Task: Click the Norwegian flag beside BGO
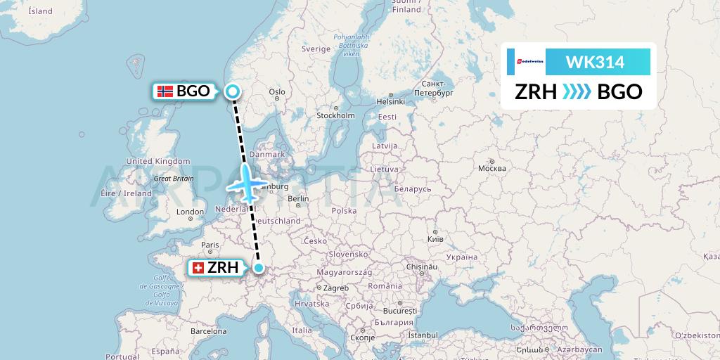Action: (165, 91)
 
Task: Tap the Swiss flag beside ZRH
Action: (198, 268)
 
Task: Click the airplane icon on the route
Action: (245, 182)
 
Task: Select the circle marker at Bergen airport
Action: (233, 90)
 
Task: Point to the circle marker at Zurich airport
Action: (259, 268)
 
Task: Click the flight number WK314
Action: (595, 62)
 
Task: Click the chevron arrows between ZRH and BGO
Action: (577, 92)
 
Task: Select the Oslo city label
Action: (276, 91)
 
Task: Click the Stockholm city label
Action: (335, 115)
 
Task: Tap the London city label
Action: (190, 212)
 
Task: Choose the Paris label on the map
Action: (210, 245)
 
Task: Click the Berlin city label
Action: (298, 199)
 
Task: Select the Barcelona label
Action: (208, 330)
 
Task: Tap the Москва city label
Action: (491, 168)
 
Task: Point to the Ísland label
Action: (41, 11)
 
